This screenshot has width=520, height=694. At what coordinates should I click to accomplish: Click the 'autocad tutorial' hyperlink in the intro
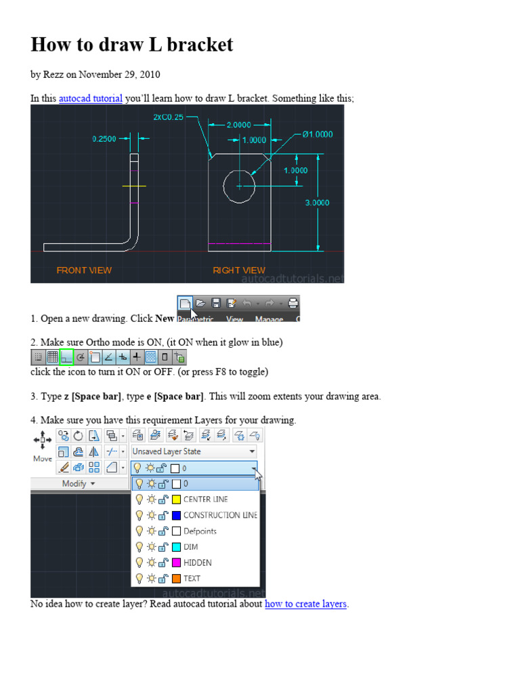(x=90, y=98)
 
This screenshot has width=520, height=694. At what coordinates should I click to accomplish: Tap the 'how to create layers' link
(x=305, y=604)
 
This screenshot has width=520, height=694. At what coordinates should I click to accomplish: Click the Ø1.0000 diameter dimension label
(x=313, y=134)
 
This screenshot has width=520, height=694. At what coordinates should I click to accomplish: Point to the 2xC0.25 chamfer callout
(x=168, y=117)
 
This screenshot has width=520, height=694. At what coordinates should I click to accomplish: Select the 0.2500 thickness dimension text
(x=105, y=139)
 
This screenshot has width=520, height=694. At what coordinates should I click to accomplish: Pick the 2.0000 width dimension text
(x=238, y=125)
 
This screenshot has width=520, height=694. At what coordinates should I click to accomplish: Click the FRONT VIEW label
(x=84, y=270)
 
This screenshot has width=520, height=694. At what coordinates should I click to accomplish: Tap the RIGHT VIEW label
(x=239, y=270)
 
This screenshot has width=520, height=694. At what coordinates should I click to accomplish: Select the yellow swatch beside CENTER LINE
(x=175, y=499)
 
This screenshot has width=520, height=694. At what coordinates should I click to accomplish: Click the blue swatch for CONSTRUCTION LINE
(x=175, y=515)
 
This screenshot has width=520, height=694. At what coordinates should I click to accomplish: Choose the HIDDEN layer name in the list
(x=197, y=563)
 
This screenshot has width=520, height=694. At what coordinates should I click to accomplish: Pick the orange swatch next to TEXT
(x=175, y=579)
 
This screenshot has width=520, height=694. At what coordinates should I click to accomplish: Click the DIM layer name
(x=190, y=547)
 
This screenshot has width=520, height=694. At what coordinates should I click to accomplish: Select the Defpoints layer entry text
(x=200, y=531)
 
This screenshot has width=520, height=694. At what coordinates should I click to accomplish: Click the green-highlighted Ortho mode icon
(x=66, y=356)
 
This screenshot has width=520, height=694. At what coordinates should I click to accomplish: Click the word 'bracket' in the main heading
(x=199, y=45)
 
